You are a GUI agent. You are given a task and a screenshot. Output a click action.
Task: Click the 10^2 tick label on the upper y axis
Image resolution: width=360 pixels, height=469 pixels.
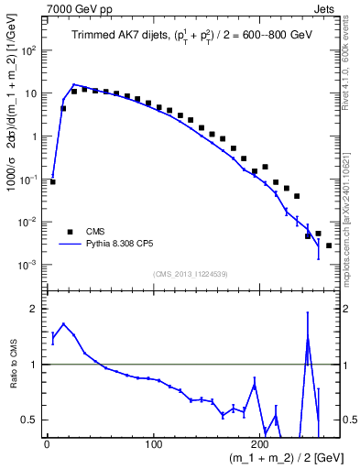click(x=29, y=50)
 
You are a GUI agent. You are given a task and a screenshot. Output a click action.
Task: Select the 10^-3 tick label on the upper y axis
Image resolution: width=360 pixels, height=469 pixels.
click(x=29, y=265)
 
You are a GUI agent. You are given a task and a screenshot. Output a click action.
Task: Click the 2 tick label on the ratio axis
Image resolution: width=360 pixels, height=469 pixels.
click(x=34, y=309)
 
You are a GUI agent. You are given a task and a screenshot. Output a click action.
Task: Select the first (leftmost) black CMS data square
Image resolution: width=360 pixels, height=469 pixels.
click(x=52, y=181)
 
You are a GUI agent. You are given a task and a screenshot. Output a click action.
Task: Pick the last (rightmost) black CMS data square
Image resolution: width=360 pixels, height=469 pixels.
click(x=328, y=245)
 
